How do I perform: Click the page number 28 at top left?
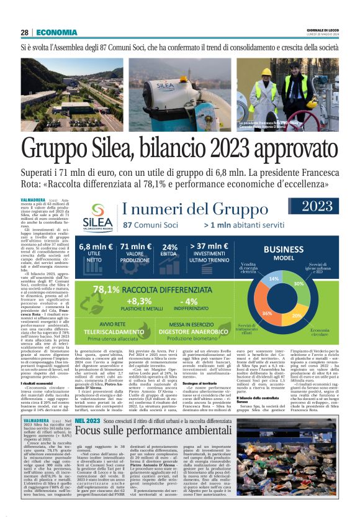point(24,32)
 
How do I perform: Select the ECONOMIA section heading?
point(56,32)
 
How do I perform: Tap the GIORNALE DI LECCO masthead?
point(323,29)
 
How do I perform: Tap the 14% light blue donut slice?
point(273,279)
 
